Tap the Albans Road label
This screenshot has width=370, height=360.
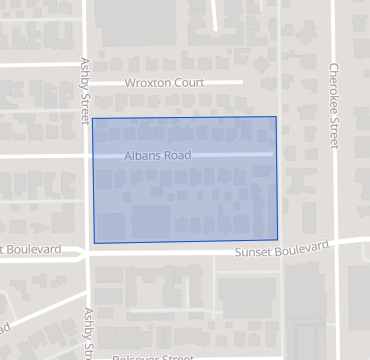158,156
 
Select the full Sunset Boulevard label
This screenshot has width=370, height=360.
282,247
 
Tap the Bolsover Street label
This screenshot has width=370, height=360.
154,357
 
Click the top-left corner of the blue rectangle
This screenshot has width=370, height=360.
93,119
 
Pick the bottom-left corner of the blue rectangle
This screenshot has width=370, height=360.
94,243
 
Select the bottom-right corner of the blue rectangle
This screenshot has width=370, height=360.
277,240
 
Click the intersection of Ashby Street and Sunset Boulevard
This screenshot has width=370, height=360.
86,252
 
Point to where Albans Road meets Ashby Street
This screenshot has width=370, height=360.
86,156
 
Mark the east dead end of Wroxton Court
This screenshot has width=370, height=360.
243,82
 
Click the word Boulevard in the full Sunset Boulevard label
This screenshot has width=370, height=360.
301,246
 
